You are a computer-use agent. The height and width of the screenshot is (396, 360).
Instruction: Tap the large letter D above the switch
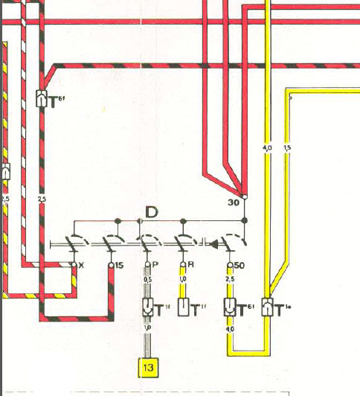click(x=151, y=212)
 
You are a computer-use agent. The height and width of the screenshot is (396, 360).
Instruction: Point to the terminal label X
click(x=80, y=265)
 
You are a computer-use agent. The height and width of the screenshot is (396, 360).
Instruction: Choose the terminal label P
click(x=154, y=265)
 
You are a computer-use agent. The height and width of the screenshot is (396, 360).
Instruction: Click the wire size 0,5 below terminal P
click(x=147, y=280)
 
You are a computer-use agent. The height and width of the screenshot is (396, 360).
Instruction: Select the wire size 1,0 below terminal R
click(x=183, y=280)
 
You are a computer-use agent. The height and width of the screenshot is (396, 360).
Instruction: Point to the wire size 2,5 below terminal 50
click(x=231, y=280)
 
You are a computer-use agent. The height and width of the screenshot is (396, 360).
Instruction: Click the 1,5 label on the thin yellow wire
click(x=287, y=148)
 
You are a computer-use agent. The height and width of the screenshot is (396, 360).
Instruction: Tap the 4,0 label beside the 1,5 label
click(x=268, y=148)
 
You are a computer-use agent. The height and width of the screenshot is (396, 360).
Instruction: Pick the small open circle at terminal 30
click(x=245, y=198)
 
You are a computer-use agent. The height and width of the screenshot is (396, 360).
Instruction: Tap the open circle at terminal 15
click(x=111, y=265)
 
